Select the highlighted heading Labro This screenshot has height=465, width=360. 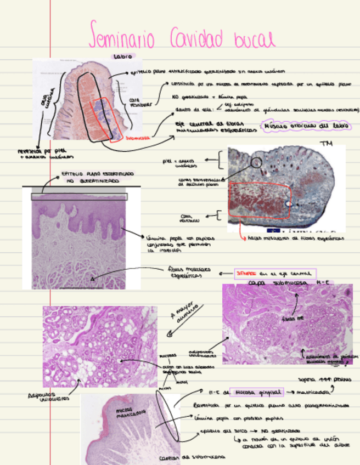(x=122, y=56)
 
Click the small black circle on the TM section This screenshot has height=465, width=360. (x=256, y=162)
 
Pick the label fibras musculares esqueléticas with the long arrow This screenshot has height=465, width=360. (x=183, y=273)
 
